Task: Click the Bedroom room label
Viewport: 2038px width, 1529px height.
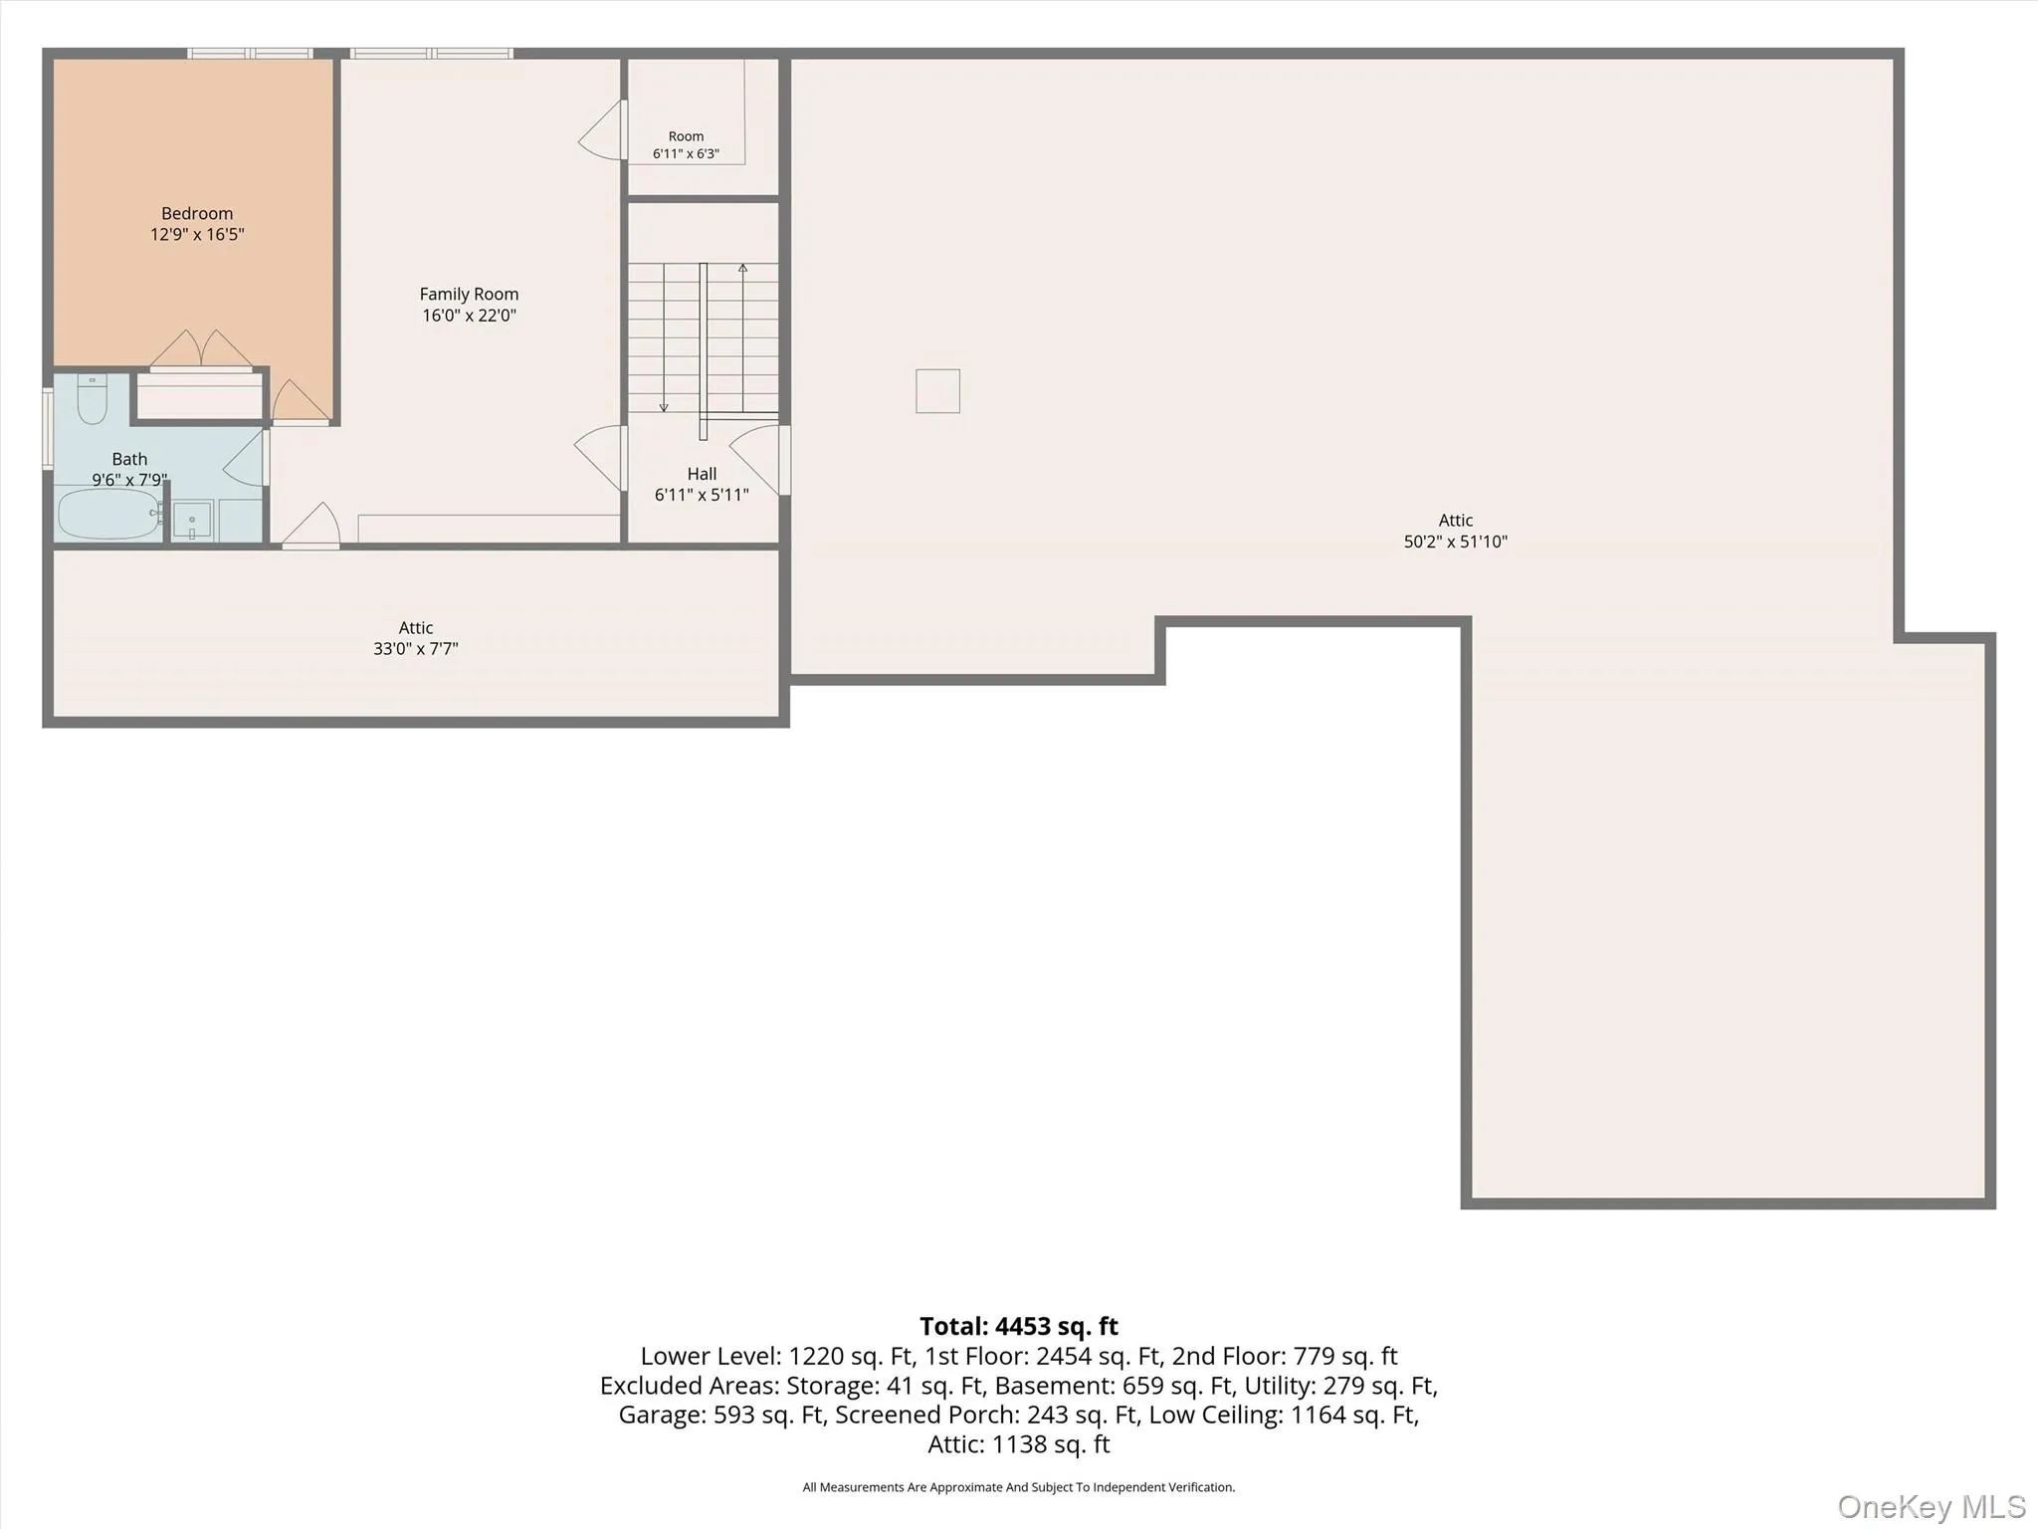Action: pos(197,214)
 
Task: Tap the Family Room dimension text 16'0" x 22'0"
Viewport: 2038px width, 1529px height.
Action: pos(469,316)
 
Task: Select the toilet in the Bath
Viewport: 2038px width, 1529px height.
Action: pos(92,398)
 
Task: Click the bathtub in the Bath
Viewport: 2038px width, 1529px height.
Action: pos(108,514)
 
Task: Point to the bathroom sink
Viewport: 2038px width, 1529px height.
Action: pos(192,521)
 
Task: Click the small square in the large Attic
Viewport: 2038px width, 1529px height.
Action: pos(937,390)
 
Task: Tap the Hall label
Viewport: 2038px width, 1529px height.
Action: pos(702,474)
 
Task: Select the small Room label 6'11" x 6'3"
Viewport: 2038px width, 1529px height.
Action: pos(686,145)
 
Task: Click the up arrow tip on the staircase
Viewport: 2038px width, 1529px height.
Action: pos(742,266)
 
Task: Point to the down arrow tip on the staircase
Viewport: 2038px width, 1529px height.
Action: pos(664,409)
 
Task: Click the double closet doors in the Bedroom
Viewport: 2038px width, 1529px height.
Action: pos(201,348)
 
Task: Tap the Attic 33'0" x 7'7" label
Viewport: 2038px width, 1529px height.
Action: pos(416,638)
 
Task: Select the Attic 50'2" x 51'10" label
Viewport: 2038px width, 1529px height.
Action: pos(1456,531)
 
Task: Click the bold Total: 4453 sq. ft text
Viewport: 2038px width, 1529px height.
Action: pos(1019,1326)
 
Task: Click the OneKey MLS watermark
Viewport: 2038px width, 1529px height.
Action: pos(1932,1506)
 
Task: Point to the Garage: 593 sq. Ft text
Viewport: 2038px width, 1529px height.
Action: pos(721,1415)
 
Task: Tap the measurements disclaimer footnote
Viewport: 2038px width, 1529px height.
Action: pos(1019,1487)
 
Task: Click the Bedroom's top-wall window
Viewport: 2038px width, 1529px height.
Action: pos(251,53)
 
